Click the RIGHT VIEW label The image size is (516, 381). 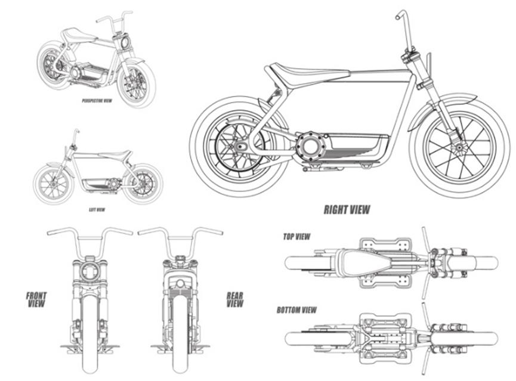(x=347, y=209)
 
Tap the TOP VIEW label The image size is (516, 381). (x=296, y=237)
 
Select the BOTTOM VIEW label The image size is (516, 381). (x=296, y=310)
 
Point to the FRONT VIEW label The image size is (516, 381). (x=36, y=299)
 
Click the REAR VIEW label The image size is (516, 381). (x=235, y=299)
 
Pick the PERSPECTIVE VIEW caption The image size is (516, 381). (x=97, y=101)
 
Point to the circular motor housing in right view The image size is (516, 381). (x=311, y=145)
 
